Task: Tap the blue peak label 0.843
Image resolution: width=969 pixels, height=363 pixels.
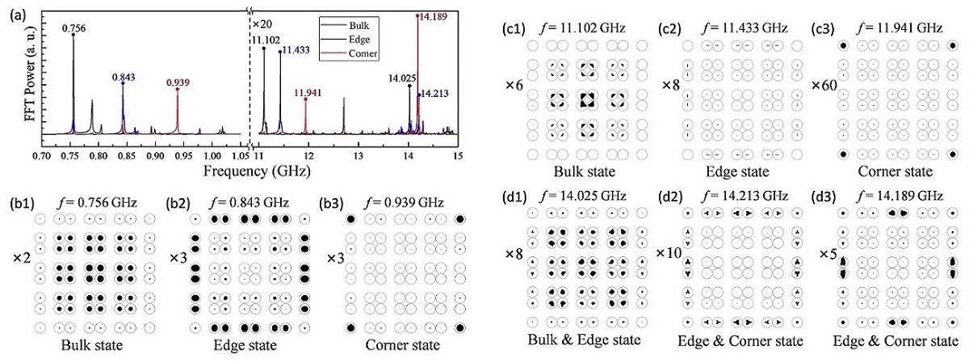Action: coord(124,76)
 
